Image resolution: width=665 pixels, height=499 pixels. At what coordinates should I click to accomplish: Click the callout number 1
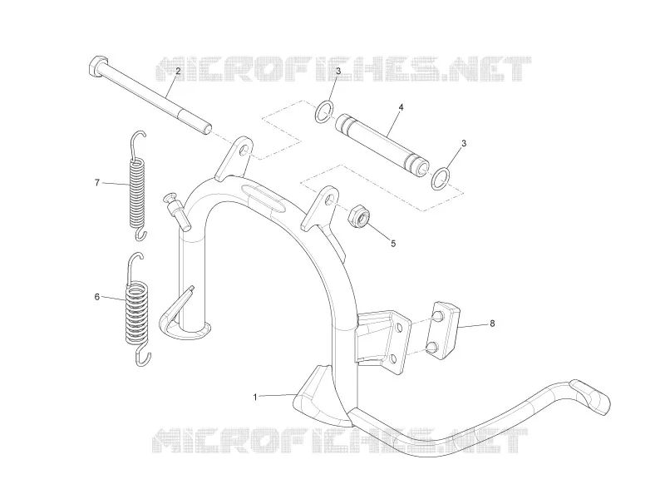click(255, 398)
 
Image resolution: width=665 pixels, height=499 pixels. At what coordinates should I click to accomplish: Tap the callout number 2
click(178, 72)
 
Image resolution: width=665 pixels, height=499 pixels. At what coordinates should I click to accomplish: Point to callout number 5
click(393, 244)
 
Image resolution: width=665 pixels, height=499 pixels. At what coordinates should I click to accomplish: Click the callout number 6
click(97, 297)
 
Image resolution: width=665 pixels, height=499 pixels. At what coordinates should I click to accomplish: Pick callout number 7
click(97, 183)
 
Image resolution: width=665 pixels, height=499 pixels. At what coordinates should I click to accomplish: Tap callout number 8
click(492, 324)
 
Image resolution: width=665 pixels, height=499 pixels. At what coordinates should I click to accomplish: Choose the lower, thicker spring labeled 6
click(138, 309)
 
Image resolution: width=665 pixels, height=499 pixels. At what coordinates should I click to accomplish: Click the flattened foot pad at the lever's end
click(589, 397)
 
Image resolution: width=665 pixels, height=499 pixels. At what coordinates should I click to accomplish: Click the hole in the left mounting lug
click(243, 151)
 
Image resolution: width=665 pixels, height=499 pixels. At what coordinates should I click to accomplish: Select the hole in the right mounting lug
click(328, 200)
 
